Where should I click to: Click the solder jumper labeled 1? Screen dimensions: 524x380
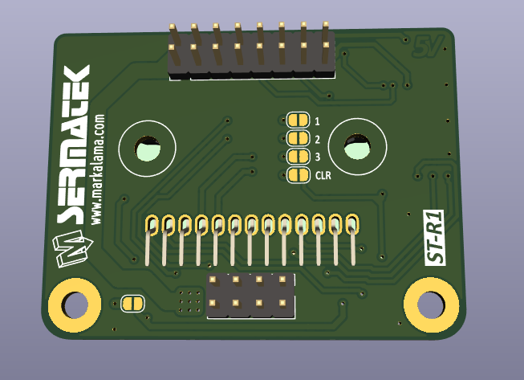click(298, 120)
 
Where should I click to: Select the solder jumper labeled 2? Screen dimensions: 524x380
click(298, 138)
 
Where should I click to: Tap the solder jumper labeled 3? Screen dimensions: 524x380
click(298, 156)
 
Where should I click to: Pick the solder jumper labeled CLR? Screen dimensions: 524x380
click(298, 175)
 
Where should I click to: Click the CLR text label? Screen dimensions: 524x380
click(323, 175)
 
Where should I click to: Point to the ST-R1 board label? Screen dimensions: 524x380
click(434, 238)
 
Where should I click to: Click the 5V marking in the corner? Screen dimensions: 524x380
click(428, 47)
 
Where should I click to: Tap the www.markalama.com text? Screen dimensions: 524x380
click(98, 170)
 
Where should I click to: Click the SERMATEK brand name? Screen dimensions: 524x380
click(73, 145)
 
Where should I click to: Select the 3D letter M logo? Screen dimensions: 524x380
click(72, 248)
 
